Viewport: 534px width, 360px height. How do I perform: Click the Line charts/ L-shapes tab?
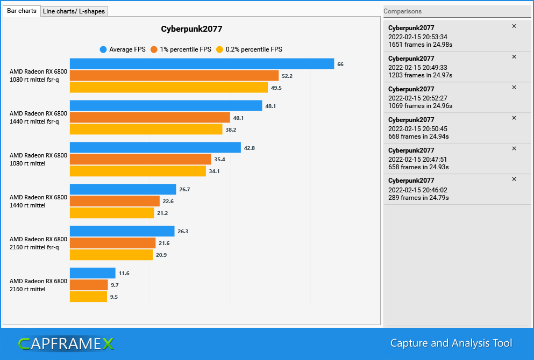click(x=74, y=11)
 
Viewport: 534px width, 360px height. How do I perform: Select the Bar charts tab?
click(x=22, y=11)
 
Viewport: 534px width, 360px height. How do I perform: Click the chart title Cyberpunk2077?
click(x=191, y=29)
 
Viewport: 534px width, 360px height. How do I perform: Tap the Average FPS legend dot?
click(x=103, y=49)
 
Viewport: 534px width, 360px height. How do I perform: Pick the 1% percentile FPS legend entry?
click(x=181, y=49)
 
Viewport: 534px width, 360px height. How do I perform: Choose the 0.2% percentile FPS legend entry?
click(x=250, y=49)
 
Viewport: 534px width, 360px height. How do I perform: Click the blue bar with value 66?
click(x=202, y=63)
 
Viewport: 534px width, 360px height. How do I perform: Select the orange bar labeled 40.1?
click(x=150, y=117)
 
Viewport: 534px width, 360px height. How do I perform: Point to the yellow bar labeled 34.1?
click(x=138, y=171)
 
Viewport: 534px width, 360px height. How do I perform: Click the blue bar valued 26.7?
click(x=123, y=189)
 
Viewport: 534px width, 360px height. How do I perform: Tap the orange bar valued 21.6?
click(x=113, y=243)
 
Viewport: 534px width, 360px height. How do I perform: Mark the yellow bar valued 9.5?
click(x=89, y=297)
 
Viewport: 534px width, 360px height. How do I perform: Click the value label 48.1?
click(x=270, y=106)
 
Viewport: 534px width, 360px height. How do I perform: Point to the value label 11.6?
click(x=124, y=273)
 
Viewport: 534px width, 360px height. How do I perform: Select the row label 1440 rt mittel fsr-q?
click(x=34, y=121)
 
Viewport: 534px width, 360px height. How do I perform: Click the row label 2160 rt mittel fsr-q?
click(x=34, y=247)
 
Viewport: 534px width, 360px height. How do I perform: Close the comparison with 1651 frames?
click(x=514, y=26)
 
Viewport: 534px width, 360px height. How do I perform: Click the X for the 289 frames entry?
click(x=514, y=179)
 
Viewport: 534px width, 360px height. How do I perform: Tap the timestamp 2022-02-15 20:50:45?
click(x=418, y=129)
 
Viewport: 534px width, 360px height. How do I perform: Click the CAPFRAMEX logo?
click(x=66, y=344)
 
